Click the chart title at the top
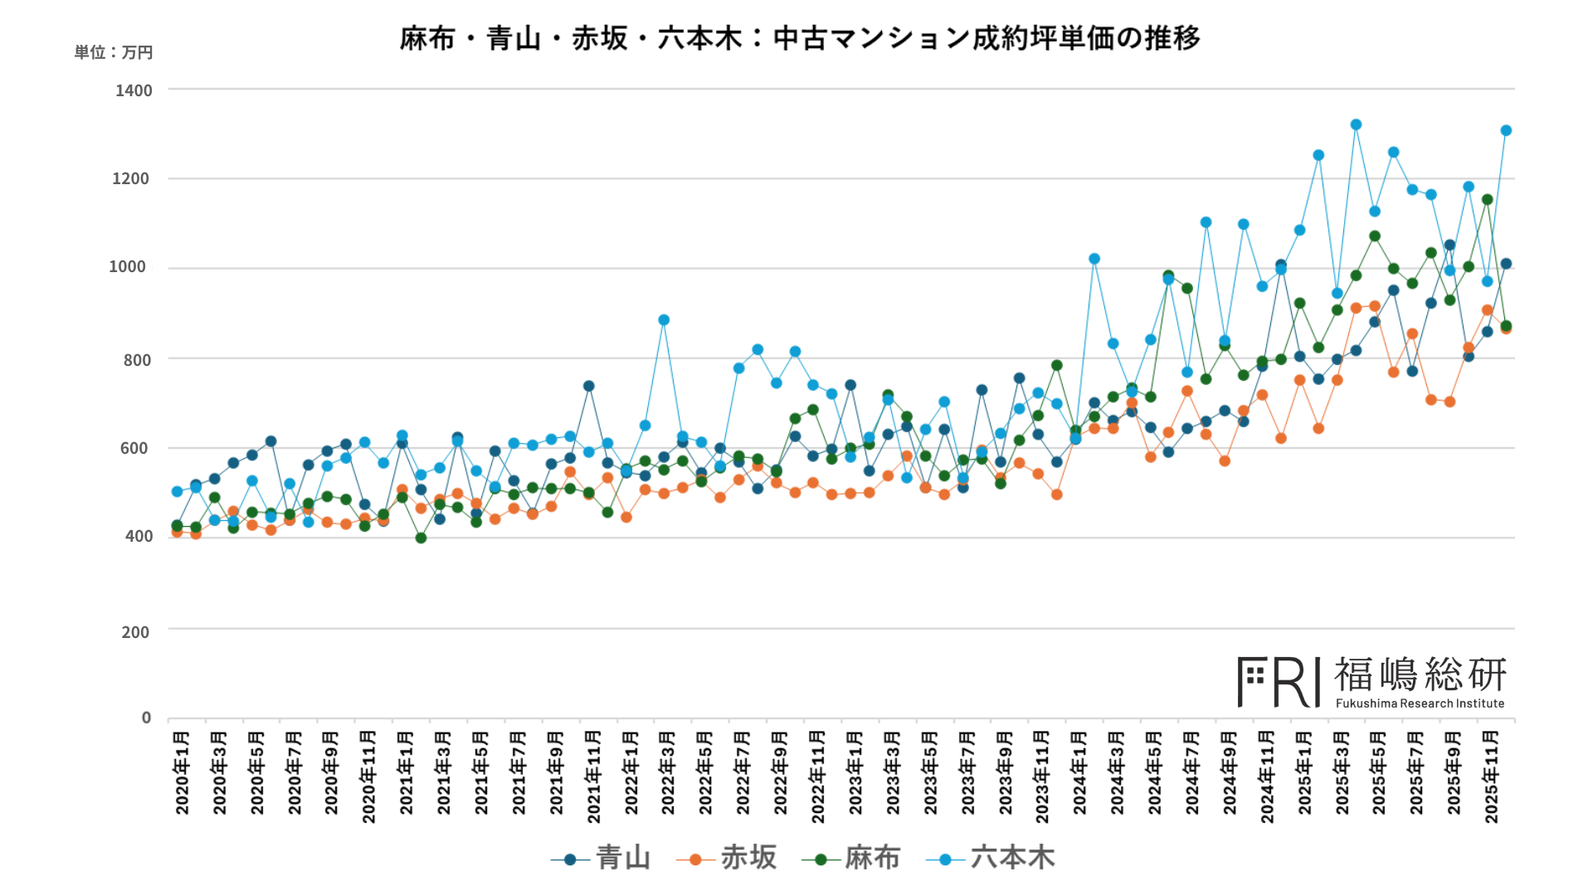click(x=800, y=38)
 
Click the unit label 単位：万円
click(x=114, y=52)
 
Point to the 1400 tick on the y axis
click(x=134, y=90)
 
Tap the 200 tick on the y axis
click(x=135, y=632)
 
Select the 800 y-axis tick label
click(x=137, y=360)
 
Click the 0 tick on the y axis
click(x=146, y=718)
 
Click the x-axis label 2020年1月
click(x=183, y=772)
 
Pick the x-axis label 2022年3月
click(x=668, y=772)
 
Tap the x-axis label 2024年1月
click(x=1079, y=772)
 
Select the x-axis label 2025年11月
click(x=1491, y=777)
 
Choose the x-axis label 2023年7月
click(x=967, y=772)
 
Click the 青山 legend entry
click(x=602, y=858)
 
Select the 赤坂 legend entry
click(x=727, y=858)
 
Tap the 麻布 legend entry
click(x=851, y=858)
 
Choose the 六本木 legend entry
click(x=991, y=858)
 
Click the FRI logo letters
click(x=1279, y=682)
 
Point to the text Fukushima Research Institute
click(x=1420, y=704)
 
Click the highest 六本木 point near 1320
click(x=1356, y=124)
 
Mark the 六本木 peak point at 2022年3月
click(x=664, y=320)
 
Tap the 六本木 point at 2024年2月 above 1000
click(x=1094, y=259)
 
